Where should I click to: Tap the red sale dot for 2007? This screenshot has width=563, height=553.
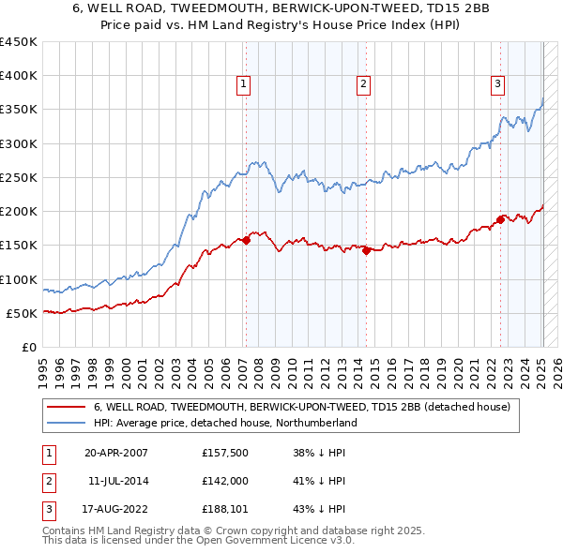point(246,240)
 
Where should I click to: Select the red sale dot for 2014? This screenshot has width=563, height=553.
point(366,250)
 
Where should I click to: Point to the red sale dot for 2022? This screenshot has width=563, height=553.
point(501,219)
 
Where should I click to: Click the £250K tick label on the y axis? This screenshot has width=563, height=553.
point(19,177)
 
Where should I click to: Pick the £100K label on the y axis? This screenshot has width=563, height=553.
point(19,279)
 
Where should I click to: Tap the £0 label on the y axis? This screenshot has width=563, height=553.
point(29,347)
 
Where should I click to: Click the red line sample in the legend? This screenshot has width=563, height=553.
point(66,407)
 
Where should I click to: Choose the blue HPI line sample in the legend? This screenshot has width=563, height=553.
point(66,423)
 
